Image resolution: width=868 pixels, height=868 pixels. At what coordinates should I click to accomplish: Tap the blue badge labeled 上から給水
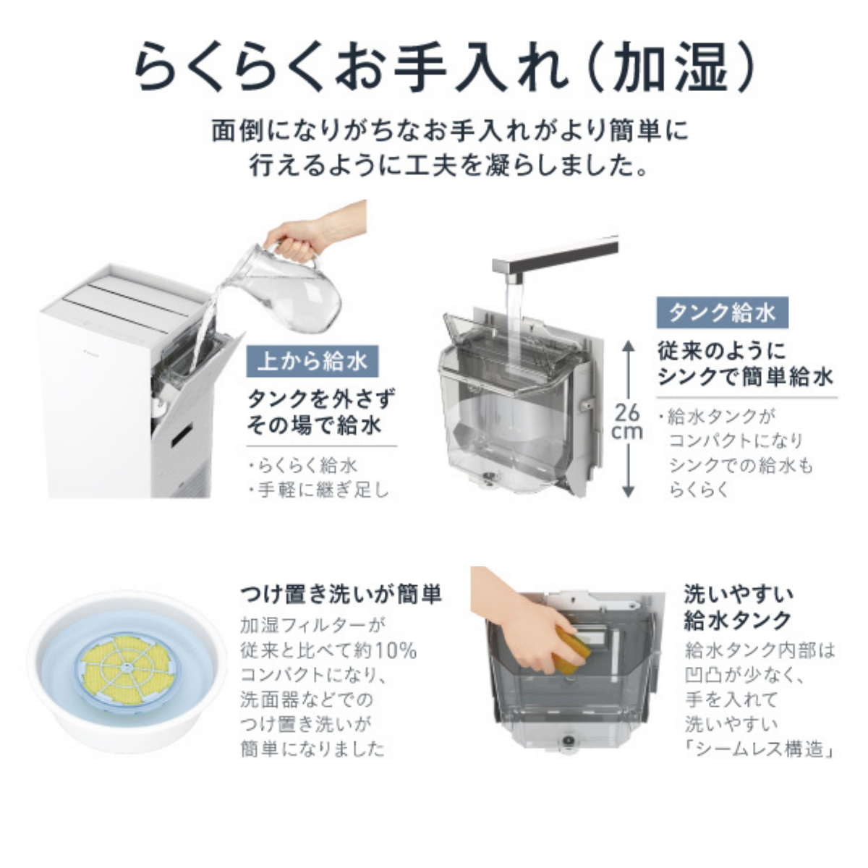(312, 360)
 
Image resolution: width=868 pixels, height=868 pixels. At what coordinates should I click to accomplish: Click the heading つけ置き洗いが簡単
(341, 595)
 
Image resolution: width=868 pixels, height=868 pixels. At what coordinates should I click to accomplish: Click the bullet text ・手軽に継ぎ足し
(318, 490)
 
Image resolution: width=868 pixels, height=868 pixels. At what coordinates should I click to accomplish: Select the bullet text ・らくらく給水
(302, 466)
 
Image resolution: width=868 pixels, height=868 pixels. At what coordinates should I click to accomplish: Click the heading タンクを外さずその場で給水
(321, 411)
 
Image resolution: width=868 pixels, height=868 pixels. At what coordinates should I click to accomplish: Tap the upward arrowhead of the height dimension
(628, 348)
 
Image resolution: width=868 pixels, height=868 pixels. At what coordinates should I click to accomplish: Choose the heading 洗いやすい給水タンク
(739, 607)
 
